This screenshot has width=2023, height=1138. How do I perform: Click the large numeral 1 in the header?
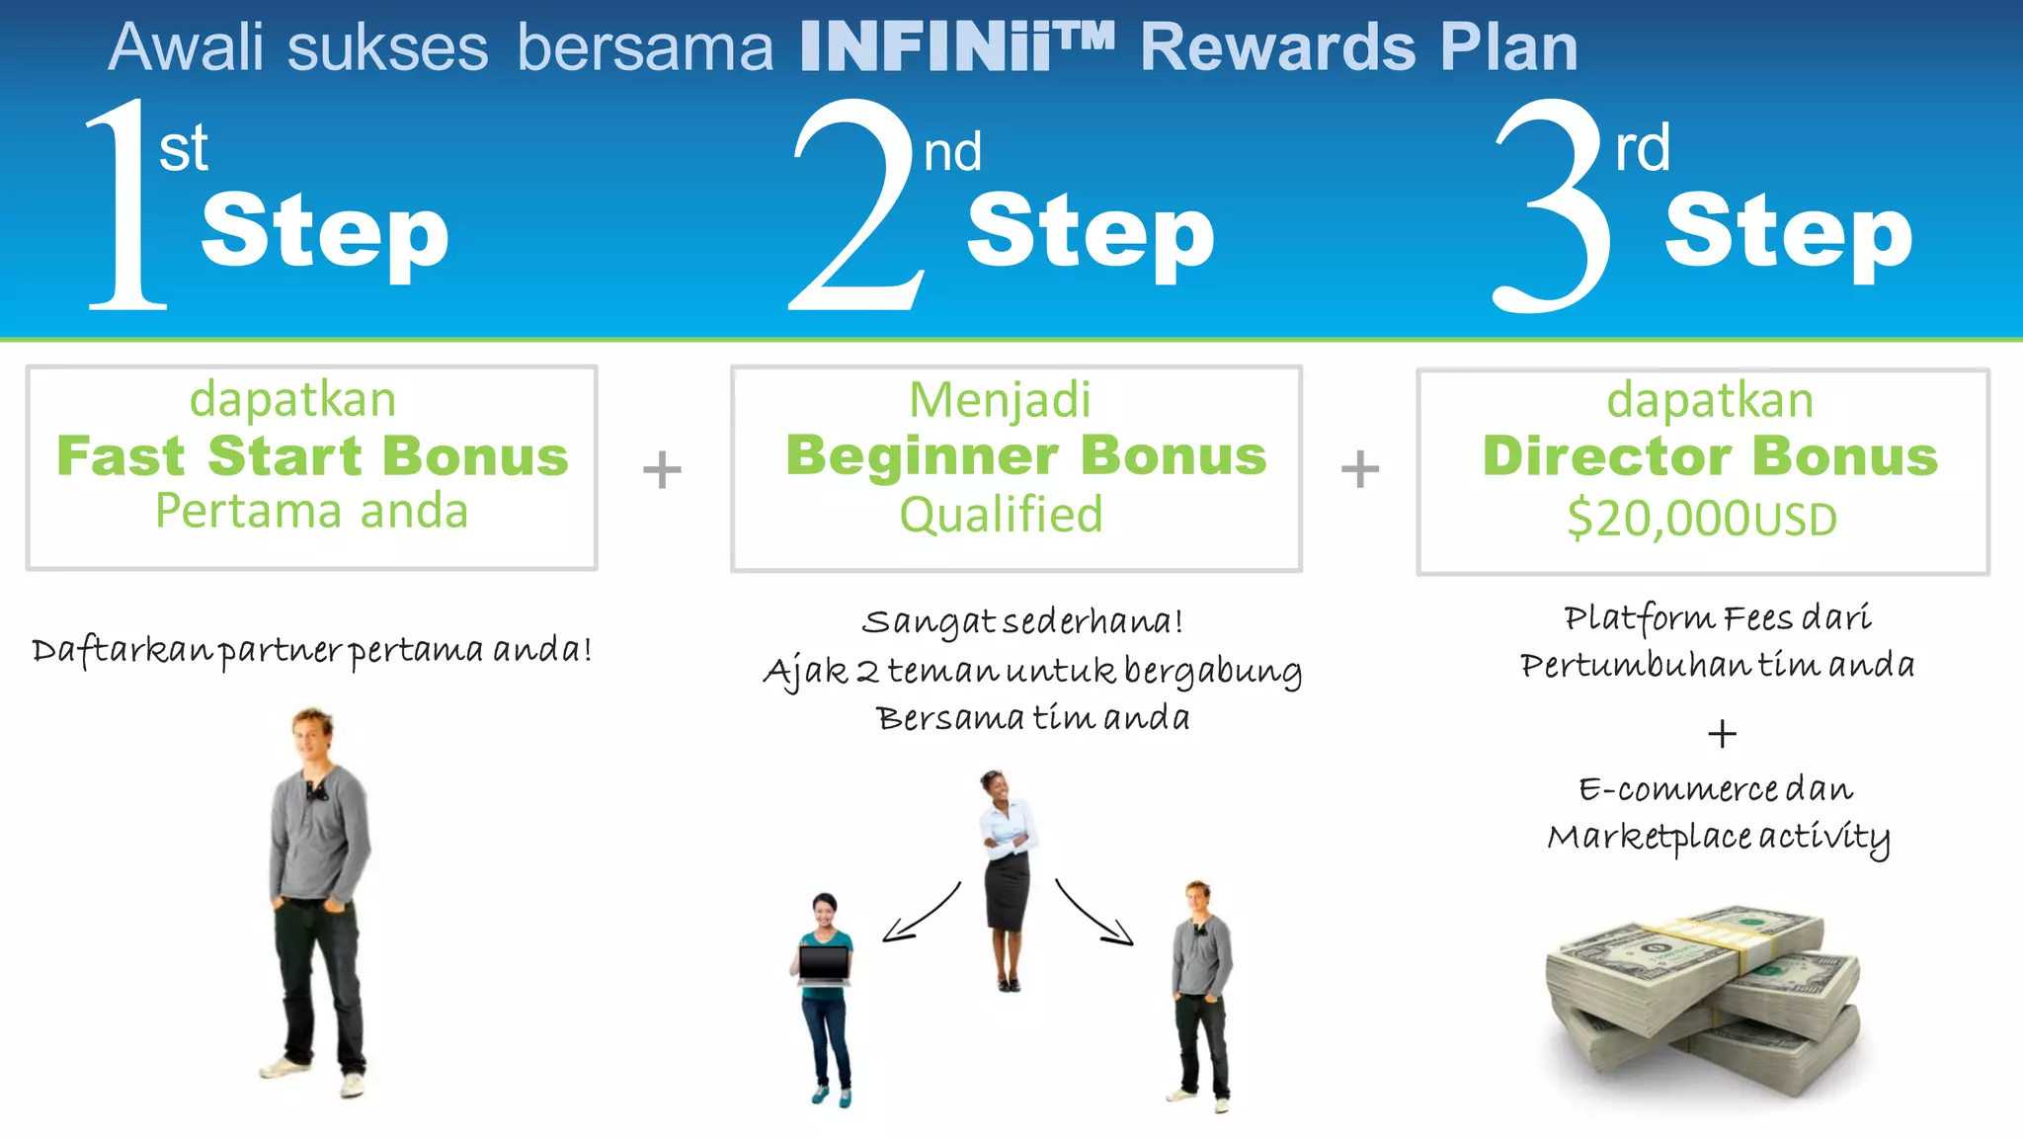click(x=126, y=207)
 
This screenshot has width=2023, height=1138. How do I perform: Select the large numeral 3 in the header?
click(x=1553, y=207)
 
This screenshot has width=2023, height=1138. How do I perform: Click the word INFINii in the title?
click(x=924, y=47)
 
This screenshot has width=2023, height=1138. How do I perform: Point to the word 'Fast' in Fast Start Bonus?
click(x=121, y=456)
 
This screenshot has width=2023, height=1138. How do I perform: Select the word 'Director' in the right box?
click(x=1606, y=456)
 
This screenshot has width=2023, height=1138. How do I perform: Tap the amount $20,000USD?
click(x=1702, y=519)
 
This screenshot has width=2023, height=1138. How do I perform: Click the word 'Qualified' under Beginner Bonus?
click(x=1001, y=515)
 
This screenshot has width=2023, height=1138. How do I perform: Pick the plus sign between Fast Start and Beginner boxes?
click(x=662, y=469)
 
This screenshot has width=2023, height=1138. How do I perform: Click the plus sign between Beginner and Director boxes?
click(x=1360, y=469)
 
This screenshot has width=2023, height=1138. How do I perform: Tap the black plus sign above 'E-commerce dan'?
click(x=1722, y=734)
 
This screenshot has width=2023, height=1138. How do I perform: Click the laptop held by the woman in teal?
click(x=824, y=965)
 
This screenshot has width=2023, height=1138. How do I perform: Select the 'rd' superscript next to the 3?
click(x=1642, y=149)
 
